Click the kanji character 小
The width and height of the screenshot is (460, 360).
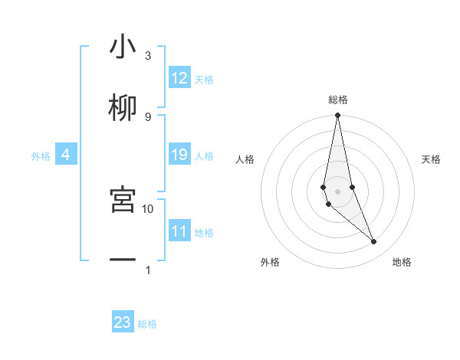click(x=123, y=47)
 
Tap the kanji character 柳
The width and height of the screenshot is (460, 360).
click(x=123, y=108)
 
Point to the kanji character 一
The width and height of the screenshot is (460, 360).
click(x=123, y=260)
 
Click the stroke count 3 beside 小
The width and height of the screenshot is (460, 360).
click(x=148, y=56)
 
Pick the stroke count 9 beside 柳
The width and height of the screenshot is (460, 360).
click(x=148, y=116)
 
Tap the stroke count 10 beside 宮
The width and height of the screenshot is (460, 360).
click(x=148, y=208)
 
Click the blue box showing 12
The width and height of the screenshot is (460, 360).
click(x=179, y=78)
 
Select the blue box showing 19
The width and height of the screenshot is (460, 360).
click(x=179, y=155)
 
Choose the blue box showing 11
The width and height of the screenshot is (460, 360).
click(x=179, y=231)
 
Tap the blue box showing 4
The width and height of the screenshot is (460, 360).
click(x=66, y=155)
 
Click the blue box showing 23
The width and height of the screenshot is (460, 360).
click(x=123, y=322)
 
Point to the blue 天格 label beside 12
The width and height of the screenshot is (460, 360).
click(x=204, y=80)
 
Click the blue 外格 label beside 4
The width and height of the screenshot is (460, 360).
click(x=41, y=156)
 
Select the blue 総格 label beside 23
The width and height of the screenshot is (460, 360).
click(x=147, y=324)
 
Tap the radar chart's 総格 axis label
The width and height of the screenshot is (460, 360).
click(x=338, y=100)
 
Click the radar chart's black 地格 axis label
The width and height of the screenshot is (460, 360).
click(x=402, y=263)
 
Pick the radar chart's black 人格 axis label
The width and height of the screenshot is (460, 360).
click(x=245, y=159)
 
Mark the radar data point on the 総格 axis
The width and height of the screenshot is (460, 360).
click(x=337, y=116)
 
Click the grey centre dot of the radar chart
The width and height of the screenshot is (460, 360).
click(x=337, y=191)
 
